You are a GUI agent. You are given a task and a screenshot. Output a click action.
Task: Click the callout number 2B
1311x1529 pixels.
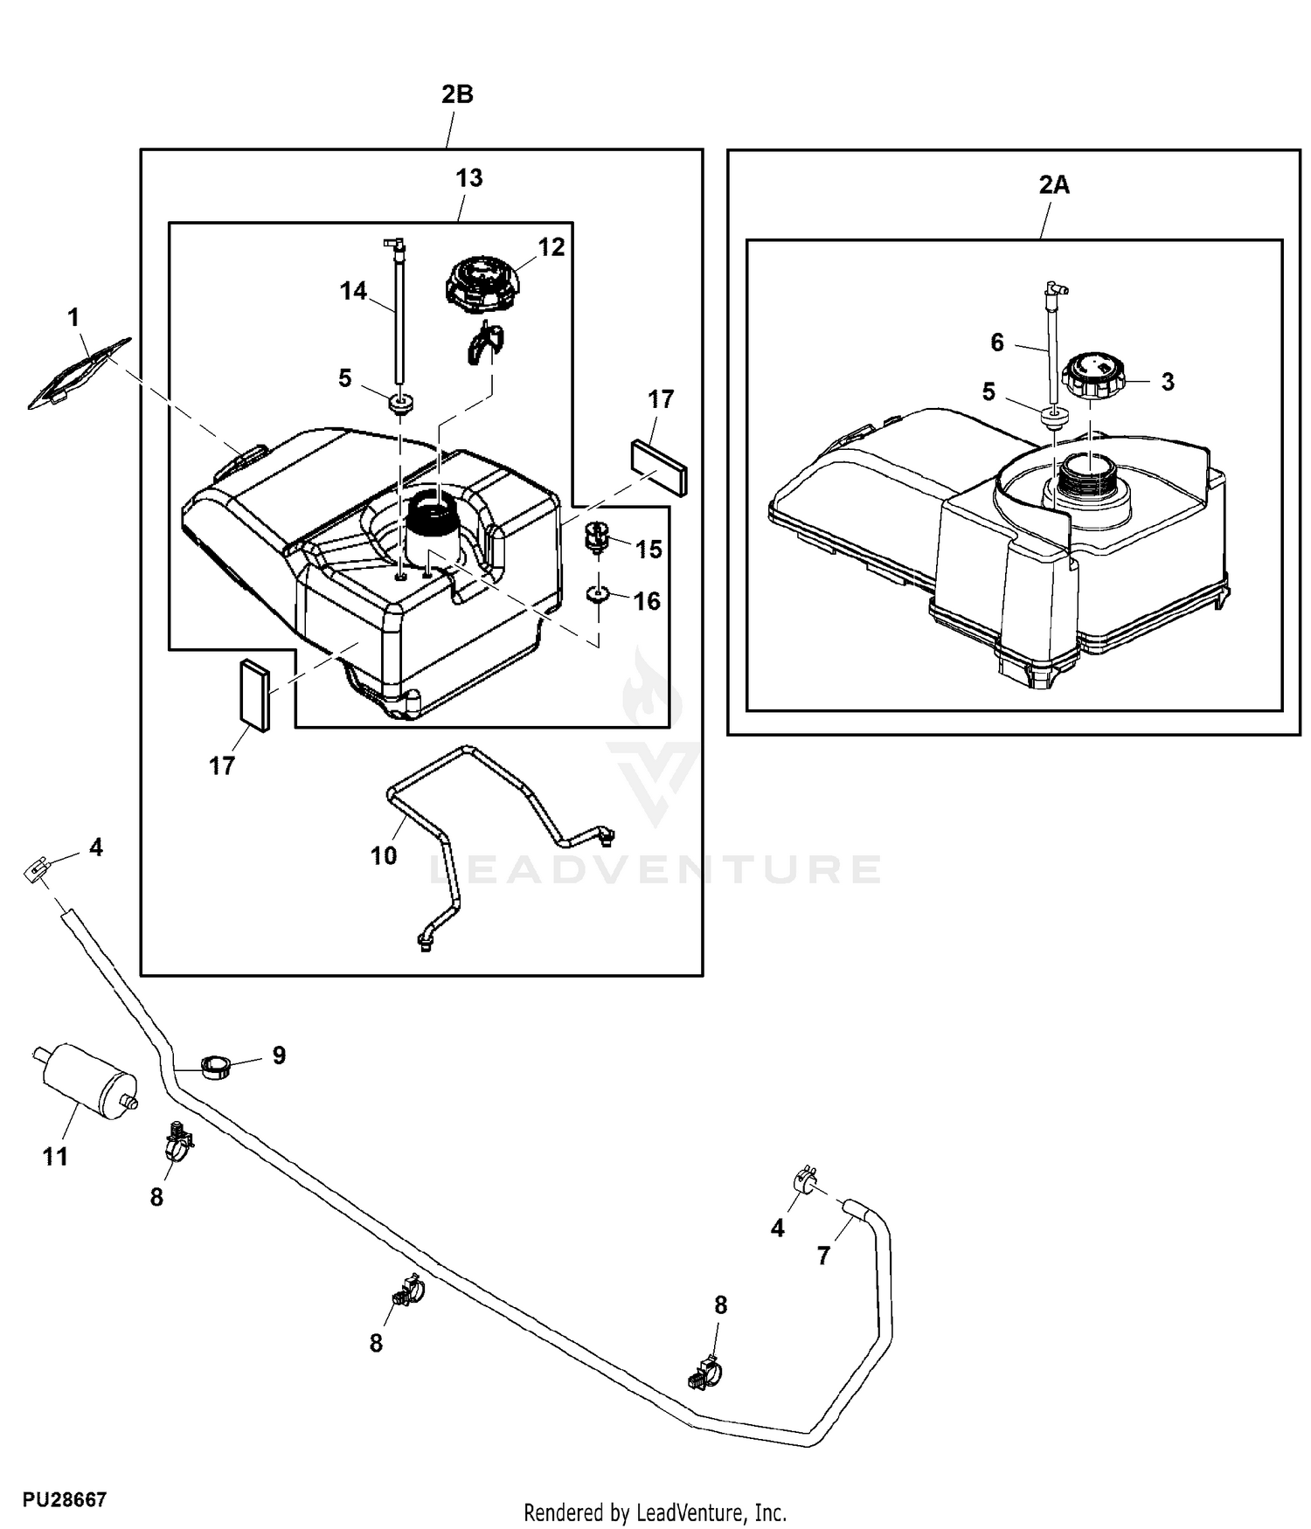pyautogui.click(x=457, y=94)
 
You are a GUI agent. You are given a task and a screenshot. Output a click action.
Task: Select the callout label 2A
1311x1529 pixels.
pyautogui.click(x=1054, y=184)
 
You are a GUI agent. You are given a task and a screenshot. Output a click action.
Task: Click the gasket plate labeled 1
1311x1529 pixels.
pyautogui.click(x=78, y=374)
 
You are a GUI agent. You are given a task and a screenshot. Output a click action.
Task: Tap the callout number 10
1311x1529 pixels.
pyautogui.click(x=384, y=855)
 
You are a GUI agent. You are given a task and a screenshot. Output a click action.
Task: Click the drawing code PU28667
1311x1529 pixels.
pyautogui.click(x=65, y=1500)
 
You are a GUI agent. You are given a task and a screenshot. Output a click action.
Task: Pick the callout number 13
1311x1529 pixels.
pyautogui.click(x=468, y=177)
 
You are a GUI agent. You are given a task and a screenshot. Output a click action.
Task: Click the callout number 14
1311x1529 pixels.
pyautogui.click(x=353, y=291)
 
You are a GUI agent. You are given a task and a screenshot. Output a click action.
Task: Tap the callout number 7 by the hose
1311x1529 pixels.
pyautogui.click(x=822, y=1256)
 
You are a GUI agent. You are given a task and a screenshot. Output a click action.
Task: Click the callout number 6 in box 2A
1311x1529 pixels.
pyautogui.click(x=997, y=342)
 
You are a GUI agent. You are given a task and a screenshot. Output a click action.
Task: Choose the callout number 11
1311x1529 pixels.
pyautogui.click(x=55, y=1157)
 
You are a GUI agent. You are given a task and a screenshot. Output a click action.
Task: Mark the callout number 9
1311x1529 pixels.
pyautogui.click(x=279, y=1055)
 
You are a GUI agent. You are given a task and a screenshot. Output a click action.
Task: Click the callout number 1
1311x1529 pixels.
pyautogui.click(x=73, y=317)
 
